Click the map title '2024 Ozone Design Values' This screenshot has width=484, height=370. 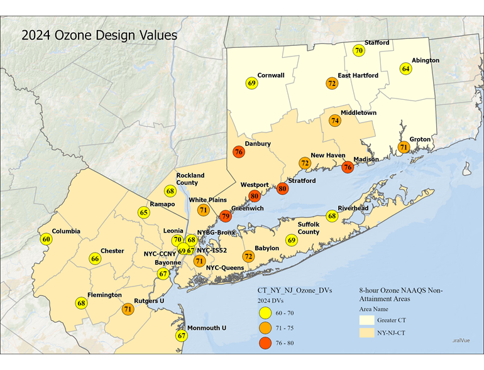click(99, 35)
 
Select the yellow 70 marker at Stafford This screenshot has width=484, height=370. click(358, 50)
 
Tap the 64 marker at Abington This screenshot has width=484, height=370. click(405, 68)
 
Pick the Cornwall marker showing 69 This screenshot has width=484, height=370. click(252, 83)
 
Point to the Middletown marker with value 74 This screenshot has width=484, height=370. click(334, 121)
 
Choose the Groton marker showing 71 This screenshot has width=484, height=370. click(404, 147)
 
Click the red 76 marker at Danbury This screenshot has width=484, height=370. click(238, 152)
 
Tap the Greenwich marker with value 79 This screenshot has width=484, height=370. click(226, 217)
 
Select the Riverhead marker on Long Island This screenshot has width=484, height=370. click(332, 215)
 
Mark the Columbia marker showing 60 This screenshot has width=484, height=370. click(46, 239)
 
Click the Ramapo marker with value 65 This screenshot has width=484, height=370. click(144, 212)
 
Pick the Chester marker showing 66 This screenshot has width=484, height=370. click(95, 259)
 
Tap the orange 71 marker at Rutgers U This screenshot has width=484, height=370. click(128, 308)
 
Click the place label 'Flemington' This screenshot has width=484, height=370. click(105, 295)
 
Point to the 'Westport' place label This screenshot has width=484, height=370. click(255, 185)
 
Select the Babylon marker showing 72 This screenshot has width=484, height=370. click(248, 256)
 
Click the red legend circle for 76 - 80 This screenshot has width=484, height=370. click(266, 343)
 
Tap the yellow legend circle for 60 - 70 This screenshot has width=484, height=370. click(266, 313)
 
